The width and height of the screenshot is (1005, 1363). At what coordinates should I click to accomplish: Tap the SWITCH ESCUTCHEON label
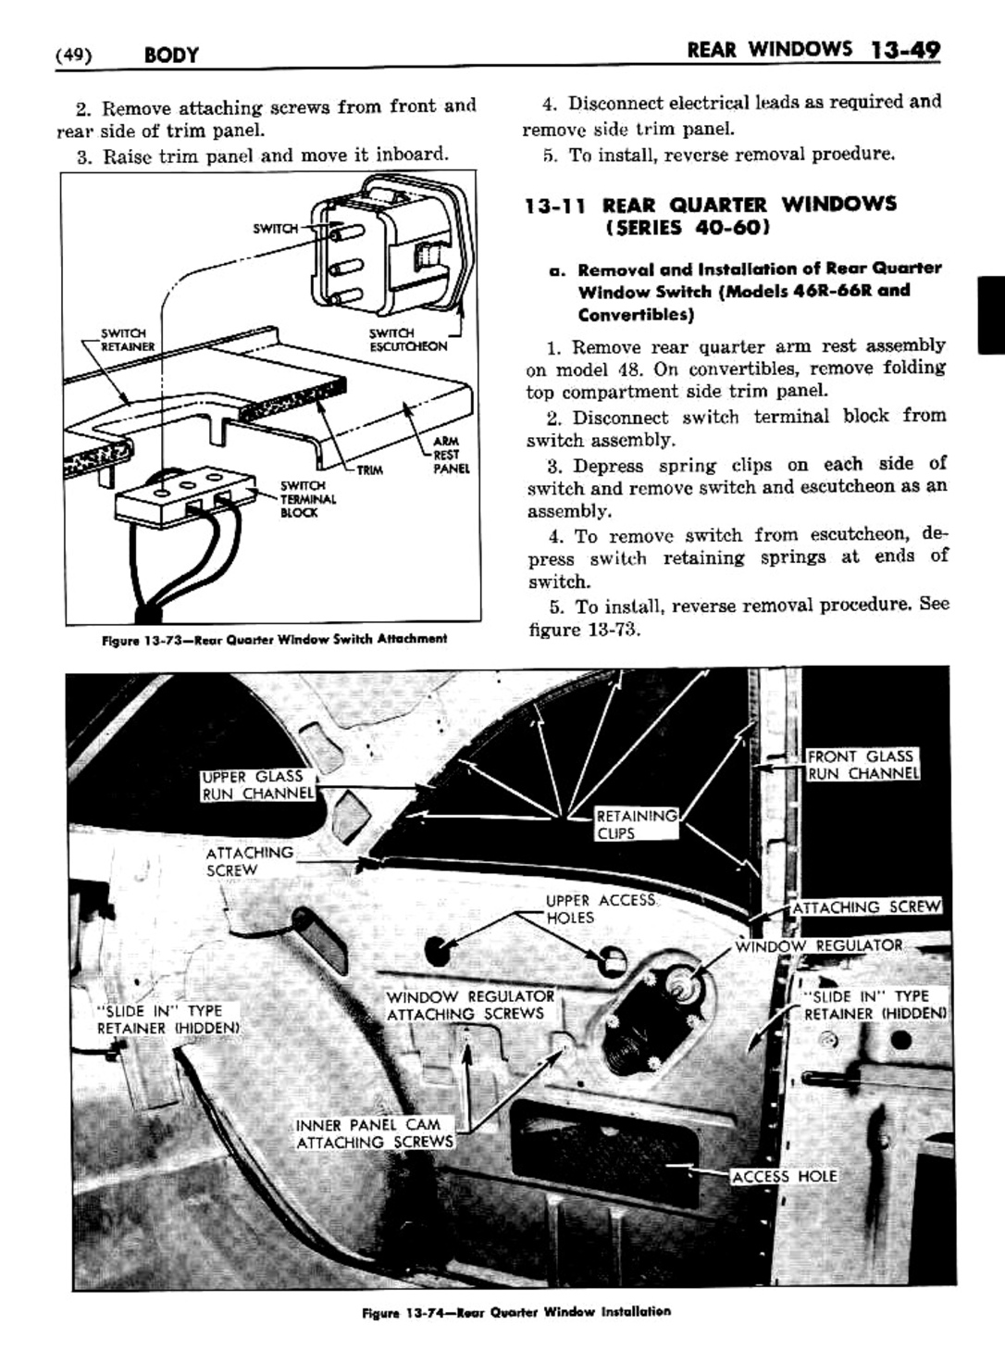click(406, 340)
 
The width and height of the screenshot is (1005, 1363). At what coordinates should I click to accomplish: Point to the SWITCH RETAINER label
click(127, 340)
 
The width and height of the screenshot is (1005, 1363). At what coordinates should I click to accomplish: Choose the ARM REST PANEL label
click(451, 455)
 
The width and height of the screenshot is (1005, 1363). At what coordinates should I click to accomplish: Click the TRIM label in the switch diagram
click(370, 470)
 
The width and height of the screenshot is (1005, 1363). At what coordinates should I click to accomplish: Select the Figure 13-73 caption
click(275, 638)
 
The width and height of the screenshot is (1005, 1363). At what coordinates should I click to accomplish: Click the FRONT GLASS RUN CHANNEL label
click(862, 765)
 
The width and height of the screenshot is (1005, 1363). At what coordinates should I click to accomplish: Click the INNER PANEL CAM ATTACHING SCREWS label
click(375, 1133)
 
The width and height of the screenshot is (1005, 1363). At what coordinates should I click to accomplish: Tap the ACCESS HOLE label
click(784, 1176)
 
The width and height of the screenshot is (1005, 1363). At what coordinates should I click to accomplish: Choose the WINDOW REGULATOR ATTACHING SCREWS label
click(470, 1005)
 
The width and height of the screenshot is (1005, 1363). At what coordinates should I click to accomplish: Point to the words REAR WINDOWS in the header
click(769, 50)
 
